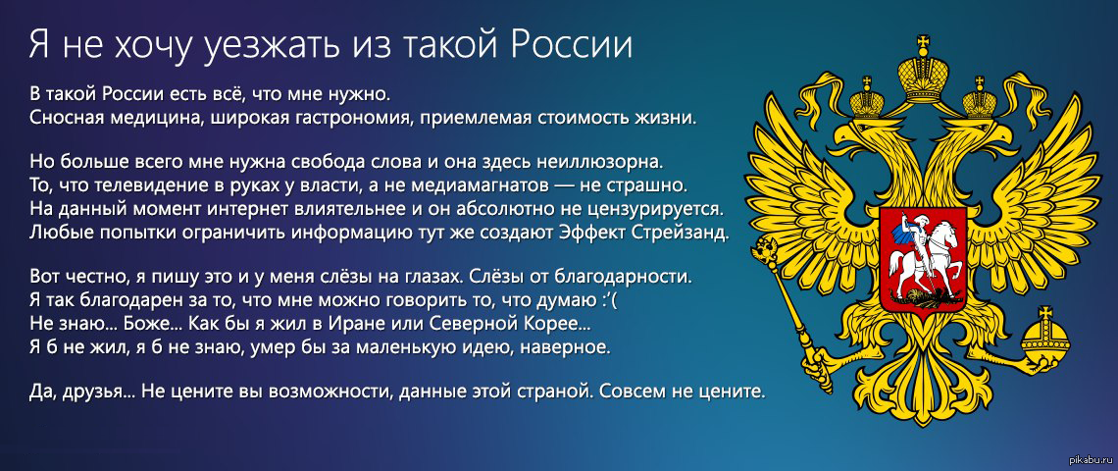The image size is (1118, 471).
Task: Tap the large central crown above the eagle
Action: (924, 68)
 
